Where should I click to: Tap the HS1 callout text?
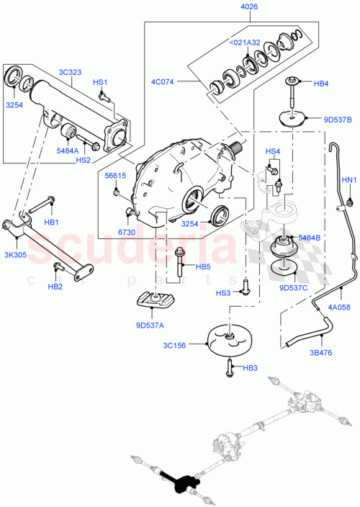(x=100, y=83)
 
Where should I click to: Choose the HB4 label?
(x=322, y=84)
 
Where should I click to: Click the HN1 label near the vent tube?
(x=348, y=180)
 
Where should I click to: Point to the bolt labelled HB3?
(x=230, y=368)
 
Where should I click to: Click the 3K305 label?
(x=17, y=254)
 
